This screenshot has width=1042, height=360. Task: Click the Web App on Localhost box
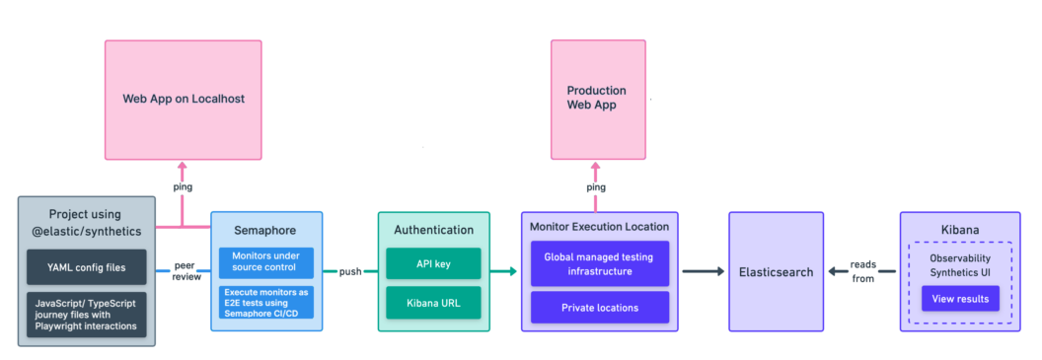point(184,99)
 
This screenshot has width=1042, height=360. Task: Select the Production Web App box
point(596,98)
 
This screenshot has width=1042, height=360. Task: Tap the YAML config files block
point(87,266)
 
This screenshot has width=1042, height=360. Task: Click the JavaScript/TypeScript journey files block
point(87,314)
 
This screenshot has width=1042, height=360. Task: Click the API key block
point(433,263)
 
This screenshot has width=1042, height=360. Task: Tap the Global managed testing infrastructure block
point(600,263)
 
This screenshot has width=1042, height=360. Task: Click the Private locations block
point(600,307)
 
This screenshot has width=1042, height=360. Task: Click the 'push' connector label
point(350,271)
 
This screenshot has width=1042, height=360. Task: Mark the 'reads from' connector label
point(862,271)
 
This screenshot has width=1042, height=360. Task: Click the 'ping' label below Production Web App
point(596,186)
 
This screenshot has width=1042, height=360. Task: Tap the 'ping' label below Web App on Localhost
point(183,186)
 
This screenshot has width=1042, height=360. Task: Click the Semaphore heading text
point(264,230)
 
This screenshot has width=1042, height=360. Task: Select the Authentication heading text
point(433,230)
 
